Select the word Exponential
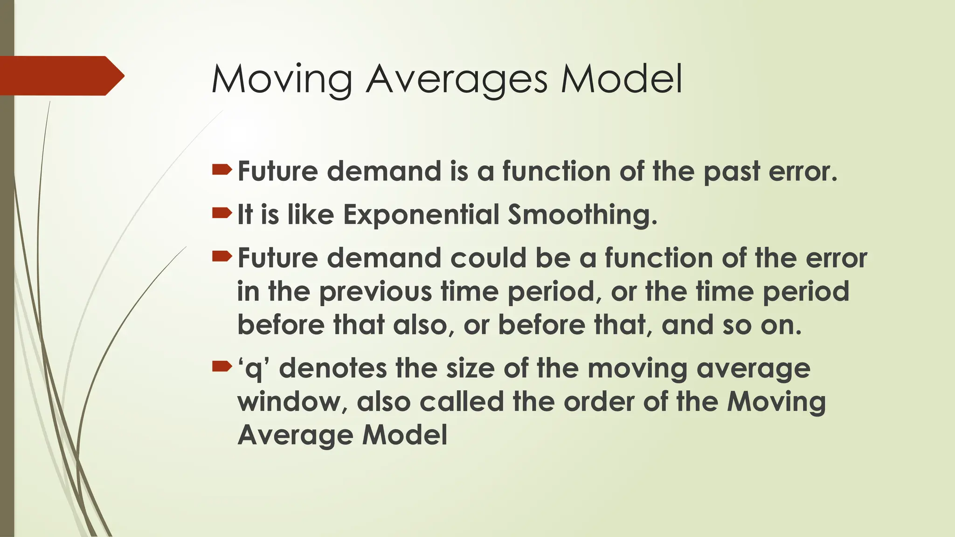422,215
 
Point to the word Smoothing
582,215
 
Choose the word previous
376,292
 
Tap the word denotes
333,368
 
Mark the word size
471,368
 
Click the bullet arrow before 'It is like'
221,213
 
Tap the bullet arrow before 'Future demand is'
221,170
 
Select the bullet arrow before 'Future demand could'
221,256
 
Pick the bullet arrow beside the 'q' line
221,367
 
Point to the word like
311,215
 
